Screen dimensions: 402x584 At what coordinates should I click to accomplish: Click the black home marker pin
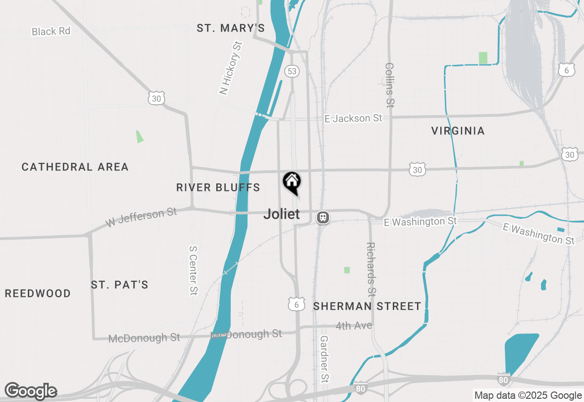[x=292, y=182]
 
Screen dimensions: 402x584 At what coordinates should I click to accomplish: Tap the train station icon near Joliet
[x=323, y=217]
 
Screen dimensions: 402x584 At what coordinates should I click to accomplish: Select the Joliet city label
[x=282, y=214]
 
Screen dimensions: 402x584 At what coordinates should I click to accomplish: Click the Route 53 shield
[x=292, y=71]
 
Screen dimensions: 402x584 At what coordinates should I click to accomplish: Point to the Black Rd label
[x=51, y=31]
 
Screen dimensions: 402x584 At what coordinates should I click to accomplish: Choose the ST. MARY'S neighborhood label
[x=230, y=28]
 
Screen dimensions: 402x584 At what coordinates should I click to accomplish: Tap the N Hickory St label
[x=230, y=68]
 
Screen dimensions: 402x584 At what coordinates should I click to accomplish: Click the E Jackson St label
[x=353, y=118]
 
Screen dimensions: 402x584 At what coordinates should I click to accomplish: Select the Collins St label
[x=389, y=85]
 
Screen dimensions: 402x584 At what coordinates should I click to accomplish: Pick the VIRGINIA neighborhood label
[x=458, y=131]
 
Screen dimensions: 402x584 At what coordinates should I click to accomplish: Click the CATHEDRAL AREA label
[x=75, y=167]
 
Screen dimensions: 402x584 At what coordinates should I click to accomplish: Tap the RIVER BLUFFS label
[x=218, y=187]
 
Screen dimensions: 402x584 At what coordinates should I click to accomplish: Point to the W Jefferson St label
[x=141, y=217]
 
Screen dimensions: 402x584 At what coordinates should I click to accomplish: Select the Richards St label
[x=371, y=269]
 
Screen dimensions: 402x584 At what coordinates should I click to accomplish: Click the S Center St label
[x=193, y=270]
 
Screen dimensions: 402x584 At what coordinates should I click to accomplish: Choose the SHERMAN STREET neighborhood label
[x=367, y=306]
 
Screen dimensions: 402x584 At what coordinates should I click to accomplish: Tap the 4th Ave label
[x=354, y=326]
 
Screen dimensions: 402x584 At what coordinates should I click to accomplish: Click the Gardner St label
[x=324, y=359]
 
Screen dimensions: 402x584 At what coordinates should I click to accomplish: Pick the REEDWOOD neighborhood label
[x=38, y=293]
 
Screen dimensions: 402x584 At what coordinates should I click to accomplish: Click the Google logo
[x=31, y=391]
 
